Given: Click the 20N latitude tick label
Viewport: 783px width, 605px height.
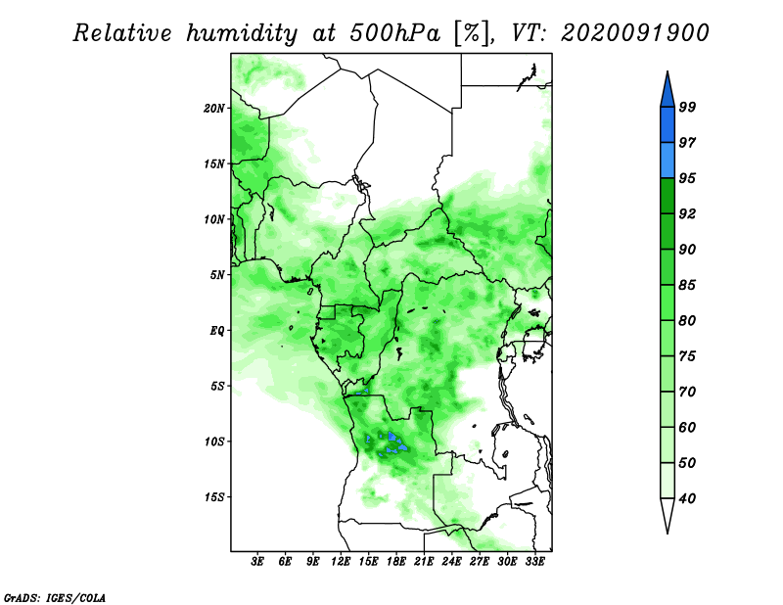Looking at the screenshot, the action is click(214, 109).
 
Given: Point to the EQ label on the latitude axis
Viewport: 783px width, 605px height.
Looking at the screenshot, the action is click(217, 331).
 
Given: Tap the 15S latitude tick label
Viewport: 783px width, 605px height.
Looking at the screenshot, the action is click(214, 497).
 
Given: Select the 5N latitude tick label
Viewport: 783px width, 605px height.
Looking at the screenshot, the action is click(217, 275).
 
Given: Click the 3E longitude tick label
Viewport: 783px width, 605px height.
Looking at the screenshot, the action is click(257, 562).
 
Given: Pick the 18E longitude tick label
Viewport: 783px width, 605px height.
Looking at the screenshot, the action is click(396, 562).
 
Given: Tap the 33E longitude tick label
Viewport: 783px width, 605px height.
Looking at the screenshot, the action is click(534, 562).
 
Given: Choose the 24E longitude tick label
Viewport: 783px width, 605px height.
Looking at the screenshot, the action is click(451, 562).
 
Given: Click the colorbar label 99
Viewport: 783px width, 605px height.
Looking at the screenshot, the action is click(687, 107).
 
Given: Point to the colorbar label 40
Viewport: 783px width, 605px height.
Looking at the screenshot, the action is click(687, 498).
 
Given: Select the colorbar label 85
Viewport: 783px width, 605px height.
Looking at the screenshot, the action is click(687, 285).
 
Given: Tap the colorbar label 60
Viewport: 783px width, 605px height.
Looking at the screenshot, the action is click(687, 427).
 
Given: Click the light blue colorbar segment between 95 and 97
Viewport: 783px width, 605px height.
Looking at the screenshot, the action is click(668, 161).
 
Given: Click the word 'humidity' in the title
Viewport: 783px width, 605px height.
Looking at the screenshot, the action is click(242, 33).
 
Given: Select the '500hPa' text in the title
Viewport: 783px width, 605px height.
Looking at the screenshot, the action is click(395, 33).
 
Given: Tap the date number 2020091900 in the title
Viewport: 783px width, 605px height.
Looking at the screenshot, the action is click(634, 33).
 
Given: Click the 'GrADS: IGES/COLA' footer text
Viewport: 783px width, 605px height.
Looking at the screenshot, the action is click(55, 598).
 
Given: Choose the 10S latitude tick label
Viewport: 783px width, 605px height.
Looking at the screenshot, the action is click(214, 442).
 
